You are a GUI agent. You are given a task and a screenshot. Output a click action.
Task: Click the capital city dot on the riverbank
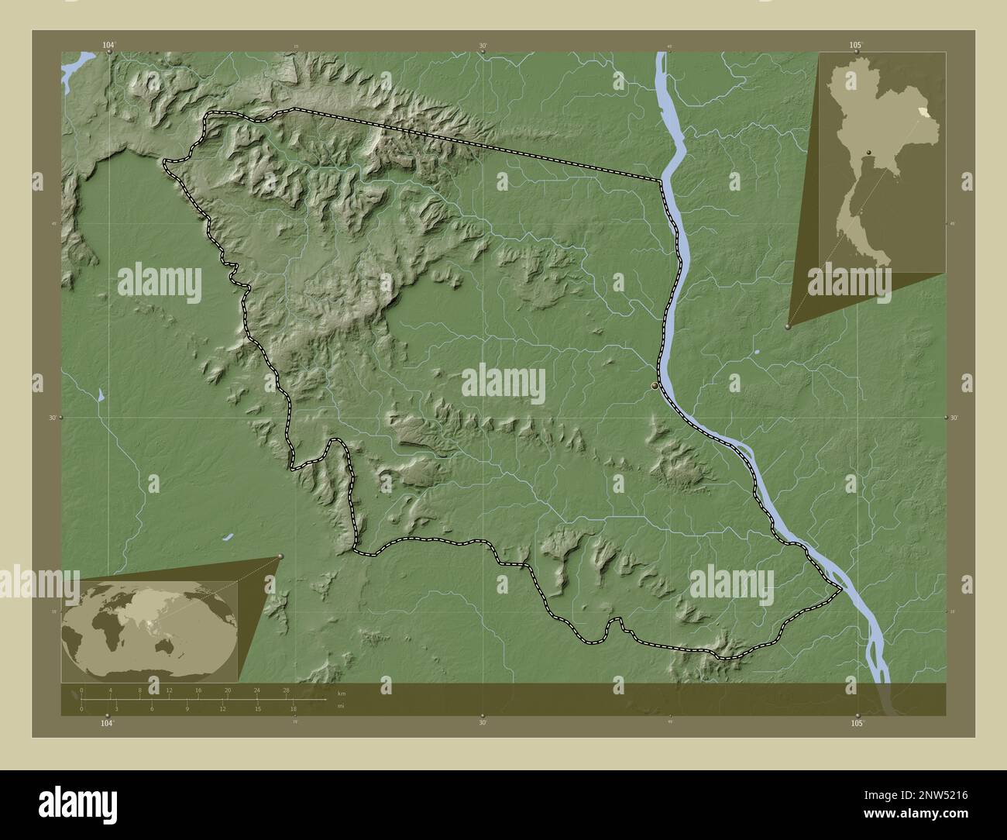pos(655,385)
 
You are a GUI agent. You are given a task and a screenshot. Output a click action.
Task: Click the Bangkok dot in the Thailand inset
pos(870,151)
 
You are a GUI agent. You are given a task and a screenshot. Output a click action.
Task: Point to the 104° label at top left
pos(108,46)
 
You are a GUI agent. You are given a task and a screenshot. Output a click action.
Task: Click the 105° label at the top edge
pos(854,46)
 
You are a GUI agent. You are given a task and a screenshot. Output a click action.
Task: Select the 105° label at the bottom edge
pos(856,723)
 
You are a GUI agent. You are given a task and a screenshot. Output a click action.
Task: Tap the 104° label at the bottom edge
pos(107,723)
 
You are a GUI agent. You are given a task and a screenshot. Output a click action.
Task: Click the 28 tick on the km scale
pos(287,690)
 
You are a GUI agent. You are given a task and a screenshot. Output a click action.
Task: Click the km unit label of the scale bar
pos(341,692)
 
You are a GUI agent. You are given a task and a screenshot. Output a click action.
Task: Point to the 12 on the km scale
pos(169,690)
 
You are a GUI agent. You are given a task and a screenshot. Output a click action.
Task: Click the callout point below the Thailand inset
pos(789,327)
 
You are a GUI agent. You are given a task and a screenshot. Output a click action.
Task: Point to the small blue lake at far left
pos(101,395)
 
